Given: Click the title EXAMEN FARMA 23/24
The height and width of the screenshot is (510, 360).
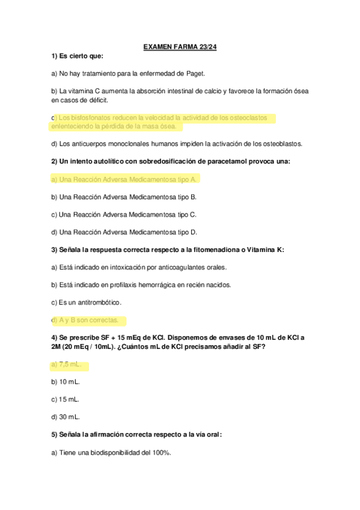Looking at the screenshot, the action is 180,46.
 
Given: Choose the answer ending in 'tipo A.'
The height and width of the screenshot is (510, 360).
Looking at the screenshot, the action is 124,179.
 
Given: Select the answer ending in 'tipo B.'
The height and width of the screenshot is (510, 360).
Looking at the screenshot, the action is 124,197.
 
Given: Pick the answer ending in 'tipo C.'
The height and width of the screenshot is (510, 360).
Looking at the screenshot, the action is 124,214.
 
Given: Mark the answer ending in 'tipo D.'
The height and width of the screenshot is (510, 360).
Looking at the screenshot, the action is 124,232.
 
